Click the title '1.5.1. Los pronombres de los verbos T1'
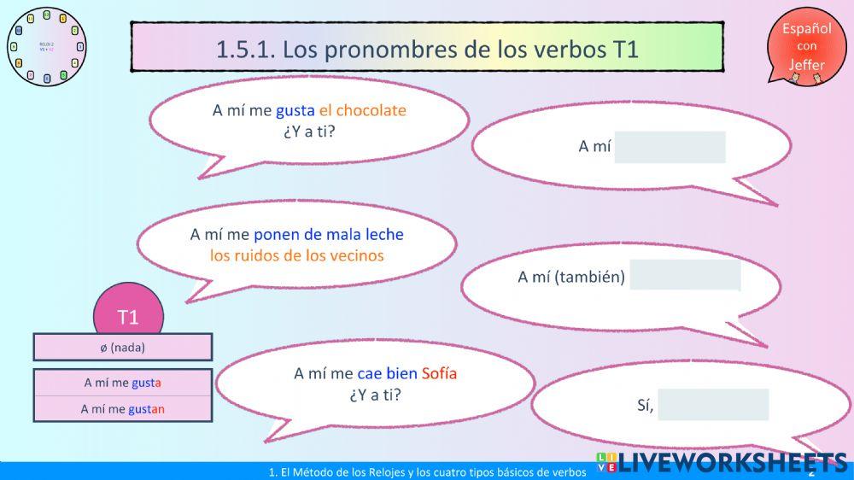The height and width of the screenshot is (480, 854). click(427, 48)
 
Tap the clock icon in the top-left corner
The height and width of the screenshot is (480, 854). click(47, 46)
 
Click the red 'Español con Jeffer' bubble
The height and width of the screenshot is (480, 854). click(806, 47)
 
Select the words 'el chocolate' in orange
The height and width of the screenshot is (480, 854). click(362, 110)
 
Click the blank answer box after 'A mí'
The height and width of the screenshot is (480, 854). click(670, 147)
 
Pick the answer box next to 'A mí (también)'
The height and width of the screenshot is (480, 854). click(685, 275)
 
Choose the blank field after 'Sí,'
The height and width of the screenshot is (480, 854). click(713, 405)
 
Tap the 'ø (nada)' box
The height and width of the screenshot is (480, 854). click(122, 348)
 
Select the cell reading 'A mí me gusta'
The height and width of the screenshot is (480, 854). click(122, 383)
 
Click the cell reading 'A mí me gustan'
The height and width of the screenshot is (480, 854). click(122, 409)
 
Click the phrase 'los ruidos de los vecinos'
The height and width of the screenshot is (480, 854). click(296, 255)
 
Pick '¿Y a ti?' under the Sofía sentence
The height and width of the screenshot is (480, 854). click(375, 395)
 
